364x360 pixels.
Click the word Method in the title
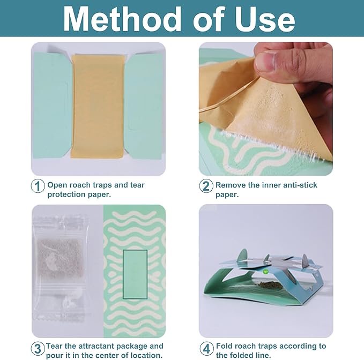[122, 19]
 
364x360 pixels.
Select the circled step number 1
[38, 186]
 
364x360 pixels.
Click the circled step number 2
[206, 186]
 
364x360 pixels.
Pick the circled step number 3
[38, 349]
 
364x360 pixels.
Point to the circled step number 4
[206, 349]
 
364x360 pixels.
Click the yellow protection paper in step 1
[98, 106]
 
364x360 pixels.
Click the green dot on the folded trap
[264, 271]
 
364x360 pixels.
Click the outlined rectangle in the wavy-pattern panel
[135, 274]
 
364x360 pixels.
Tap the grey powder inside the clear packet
[60, 258]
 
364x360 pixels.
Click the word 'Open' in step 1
[57, 185]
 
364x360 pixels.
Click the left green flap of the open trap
[52, 106]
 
